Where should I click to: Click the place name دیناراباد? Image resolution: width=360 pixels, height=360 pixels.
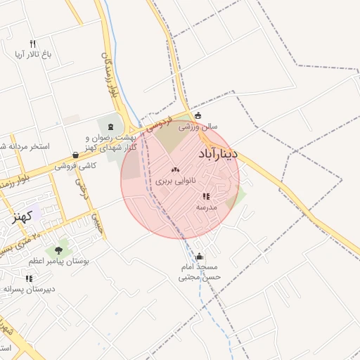tap(218, 153)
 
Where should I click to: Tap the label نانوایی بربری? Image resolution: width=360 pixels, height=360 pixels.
tap(171, 181)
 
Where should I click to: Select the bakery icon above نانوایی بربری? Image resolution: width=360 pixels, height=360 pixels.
tap(175, 169)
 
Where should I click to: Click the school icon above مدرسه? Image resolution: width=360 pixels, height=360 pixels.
tap(206, 197)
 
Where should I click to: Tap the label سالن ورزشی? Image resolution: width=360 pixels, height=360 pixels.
tap(198, 127)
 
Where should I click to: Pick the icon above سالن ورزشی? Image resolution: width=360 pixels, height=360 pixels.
tap(198, 116)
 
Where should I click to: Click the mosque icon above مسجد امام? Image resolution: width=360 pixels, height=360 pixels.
tap(200, 257)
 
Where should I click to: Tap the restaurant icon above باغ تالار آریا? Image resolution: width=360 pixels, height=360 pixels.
tap(32, 44)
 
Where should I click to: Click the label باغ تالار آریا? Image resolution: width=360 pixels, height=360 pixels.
tap(33, 54)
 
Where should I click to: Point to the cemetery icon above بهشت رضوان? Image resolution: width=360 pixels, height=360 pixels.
tap(110, 126)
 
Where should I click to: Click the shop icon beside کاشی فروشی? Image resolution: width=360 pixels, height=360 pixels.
tap(75, 155)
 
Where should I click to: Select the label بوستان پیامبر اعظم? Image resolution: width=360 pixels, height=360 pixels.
tap(58, 261)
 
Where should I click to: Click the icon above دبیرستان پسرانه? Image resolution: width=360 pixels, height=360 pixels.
tap(29, 278)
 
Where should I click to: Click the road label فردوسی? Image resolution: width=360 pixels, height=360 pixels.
tap(161, 124)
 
